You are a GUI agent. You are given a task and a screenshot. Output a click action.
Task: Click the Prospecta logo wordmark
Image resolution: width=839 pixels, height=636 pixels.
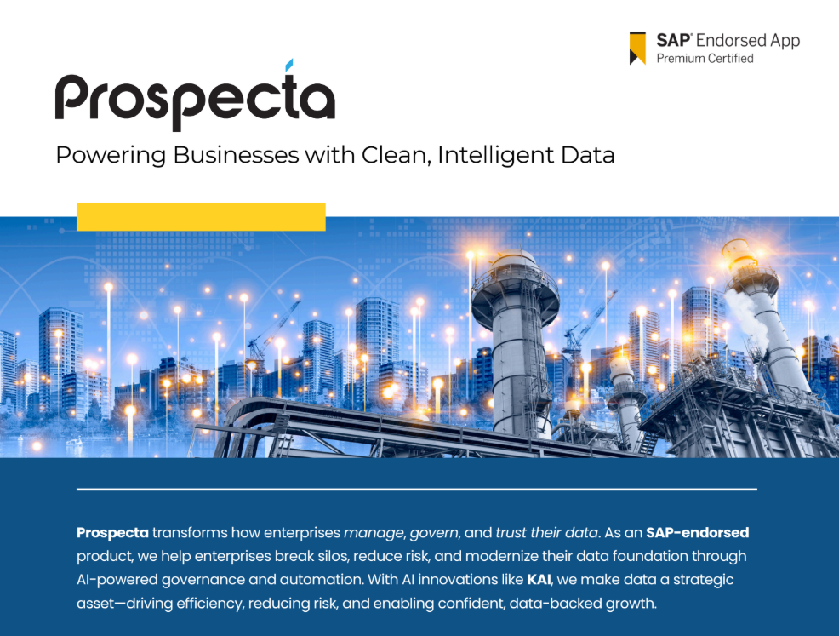pos(195,100)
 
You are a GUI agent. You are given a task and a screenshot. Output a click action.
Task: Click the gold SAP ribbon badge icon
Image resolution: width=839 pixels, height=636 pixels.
pos(637,49)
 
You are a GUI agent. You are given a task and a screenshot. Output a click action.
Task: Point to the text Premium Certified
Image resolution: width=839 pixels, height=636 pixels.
pos(705,59)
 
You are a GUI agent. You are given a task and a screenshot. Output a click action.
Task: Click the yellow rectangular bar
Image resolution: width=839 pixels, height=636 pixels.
pos(201,216)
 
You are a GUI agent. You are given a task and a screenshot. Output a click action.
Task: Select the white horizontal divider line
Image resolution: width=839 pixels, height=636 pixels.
pos(416,490)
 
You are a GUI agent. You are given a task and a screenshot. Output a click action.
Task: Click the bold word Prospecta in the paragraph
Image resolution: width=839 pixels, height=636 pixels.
pos(112,533)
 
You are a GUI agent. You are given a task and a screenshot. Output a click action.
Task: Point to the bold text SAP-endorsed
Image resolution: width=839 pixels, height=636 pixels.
pos(697,533)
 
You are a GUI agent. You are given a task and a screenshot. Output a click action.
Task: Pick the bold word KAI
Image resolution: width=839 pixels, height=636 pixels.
pos(539,580)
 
